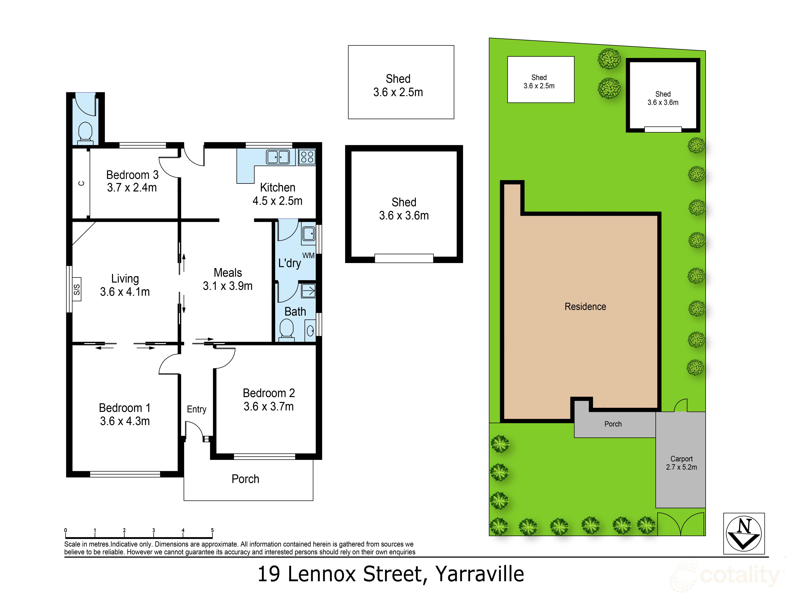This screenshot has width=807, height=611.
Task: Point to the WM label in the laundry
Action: [308, 256]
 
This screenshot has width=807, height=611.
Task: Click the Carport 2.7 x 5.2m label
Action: [681, 463]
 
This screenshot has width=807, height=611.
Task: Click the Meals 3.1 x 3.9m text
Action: [228, 279]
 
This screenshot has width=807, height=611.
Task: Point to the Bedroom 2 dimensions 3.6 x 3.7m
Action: [269, 406]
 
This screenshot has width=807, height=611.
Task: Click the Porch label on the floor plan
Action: [245, 479]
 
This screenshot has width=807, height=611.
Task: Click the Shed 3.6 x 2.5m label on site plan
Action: [539, 82]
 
